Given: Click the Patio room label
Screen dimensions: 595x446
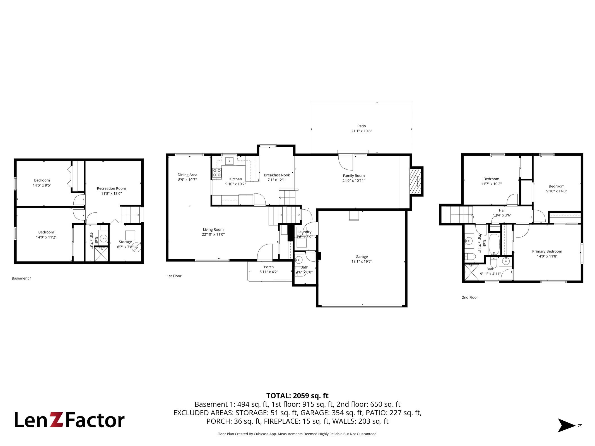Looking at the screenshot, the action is click(362, 126).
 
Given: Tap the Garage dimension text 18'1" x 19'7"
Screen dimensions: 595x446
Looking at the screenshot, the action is click(362, 261).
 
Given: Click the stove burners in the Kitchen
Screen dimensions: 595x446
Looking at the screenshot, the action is click(217, 173).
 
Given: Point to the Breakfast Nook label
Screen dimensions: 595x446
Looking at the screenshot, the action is click(277, 175).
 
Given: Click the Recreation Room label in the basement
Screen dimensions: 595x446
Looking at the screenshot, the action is click(111, 188).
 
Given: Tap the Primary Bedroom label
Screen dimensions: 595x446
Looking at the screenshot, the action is click(547, 251).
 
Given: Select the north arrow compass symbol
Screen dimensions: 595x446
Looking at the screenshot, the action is click(567, 425).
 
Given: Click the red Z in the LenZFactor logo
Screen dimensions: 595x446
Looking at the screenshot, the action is click(57, 420).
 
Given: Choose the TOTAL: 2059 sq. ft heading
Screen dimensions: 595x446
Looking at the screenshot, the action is click(297, 396).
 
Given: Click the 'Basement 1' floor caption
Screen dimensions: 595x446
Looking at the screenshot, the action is click(21, 278).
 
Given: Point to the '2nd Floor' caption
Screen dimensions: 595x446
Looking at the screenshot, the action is click(470, 297).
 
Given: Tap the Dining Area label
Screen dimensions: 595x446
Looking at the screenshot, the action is click(187, 175).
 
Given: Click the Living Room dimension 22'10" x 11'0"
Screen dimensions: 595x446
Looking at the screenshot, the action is click(213, 234).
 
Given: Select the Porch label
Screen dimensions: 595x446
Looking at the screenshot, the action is click(269, 267).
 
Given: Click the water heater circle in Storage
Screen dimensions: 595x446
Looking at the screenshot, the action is click(137, 247).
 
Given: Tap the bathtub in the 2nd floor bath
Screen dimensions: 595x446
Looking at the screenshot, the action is click(494, 244).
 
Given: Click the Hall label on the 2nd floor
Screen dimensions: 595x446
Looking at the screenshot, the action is click(502, 210).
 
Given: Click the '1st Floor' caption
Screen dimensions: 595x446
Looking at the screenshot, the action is click(174, 276).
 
